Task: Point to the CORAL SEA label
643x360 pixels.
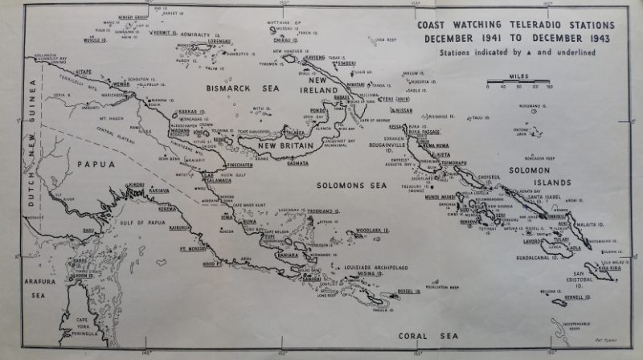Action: (x=425, y=341)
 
